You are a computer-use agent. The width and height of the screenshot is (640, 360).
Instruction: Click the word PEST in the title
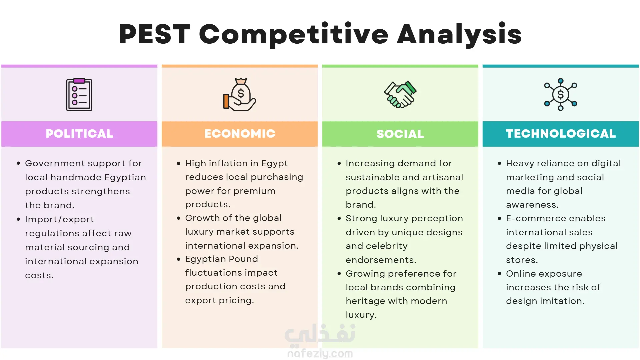155,34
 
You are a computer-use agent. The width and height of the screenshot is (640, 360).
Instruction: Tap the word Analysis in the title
459,35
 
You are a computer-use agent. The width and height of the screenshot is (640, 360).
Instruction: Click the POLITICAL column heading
79,134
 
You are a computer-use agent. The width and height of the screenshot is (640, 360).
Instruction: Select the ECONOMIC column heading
240,134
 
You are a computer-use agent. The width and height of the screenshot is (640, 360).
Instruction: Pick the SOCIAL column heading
400,134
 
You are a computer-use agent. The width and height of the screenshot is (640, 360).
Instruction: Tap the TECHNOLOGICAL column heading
561,134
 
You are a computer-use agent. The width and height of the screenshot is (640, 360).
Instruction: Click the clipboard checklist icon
79,94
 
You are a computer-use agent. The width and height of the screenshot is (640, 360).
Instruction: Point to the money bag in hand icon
240,94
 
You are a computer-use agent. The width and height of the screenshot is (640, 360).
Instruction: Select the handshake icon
400,94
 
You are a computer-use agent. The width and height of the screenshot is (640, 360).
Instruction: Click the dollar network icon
561,94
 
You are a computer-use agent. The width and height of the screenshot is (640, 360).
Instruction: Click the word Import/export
60,220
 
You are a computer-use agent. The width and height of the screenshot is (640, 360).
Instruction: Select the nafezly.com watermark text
320,354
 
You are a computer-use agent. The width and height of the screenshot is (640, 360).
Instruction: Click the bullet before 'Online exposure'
499,274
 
